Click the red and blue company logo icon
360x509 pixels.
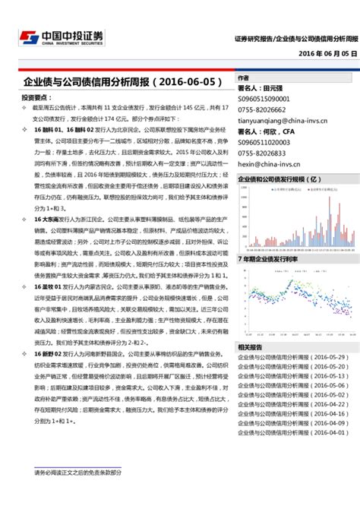click(28, 38)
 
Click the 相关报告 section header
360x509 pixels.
click(250, 346)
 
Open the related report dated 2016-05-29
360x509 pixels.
click(292, 356)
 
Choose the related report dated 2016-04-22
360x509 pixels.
click(292, 405)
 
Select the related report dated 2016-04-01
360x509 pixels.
click(292, 432)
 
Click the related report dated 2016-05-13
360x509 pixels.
click(292, 375)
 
